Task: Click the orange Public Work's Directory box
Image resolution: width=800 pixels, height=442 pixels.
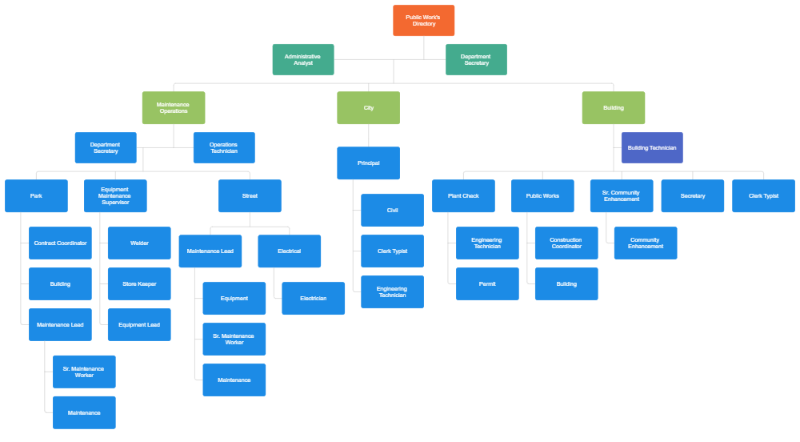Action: coord(423,21)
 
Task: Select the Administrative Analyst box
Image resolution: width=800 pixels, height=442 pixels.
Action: coord(302,59)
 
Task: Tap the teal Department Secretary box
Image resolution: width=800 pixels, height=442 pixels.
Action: coord(476,59)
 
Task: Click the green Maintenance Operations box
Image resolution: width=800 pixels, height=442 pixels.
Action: coord(174,107)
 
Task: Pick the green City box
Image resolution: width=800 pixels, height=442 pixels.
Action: coord(368,107)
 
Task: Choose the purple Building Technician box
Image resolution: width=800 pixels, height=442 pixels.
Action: coord(651,147)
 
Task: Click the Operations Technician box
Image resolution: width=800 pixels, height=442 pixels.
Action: coord(223,147)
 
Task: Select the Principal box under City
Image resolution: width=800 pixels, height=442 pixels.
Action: coord(368,163)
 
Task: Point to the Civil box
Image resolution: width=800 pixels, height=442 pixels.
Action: coord(392,210)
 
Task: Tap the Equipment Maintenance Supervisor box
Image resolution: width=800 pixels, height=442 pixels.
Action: coord(115,195)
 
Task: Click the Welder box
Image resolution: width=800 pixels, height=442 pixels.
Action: coord(139,243)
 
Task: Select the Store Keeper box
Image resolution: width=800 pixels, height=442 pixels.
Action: coord(139,283)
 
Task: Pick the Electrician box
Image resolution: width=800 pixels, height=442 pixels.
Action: coord(313,298)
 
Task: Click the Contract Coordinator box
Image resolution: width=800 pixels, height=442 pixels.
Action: coord(60,243)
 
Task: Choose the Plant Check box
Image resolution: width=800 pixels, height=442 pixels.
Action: coord(463,195)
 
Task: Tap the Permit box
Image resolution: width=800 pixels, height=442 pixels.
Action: coord(487,283)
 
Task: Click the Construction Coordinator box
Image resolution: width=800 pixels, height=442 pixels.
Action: coord(566,243)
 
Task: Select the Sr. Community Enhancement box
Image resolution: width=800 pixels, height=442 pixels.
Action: coord(621,195)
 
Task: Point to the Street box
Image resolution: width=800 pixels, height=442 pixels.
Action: coord(250,195)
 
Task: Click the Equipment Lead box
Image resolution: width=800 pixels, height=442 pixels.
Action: coord(139,324)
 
